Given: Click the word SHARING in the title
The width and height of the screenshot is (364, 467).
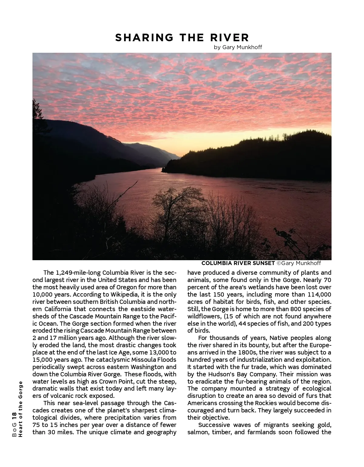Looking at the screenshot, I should click(144, 38).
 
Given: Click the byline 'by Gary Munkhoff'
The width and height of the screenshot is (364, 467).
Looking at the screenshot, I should click(238, 47).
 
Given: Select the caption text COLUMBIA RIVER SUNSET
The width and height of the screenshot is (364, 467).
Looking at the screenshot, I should click(238, 263).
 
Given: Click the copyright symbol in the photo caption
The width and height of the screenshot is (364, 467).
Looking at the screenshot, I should click(279, 263).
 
